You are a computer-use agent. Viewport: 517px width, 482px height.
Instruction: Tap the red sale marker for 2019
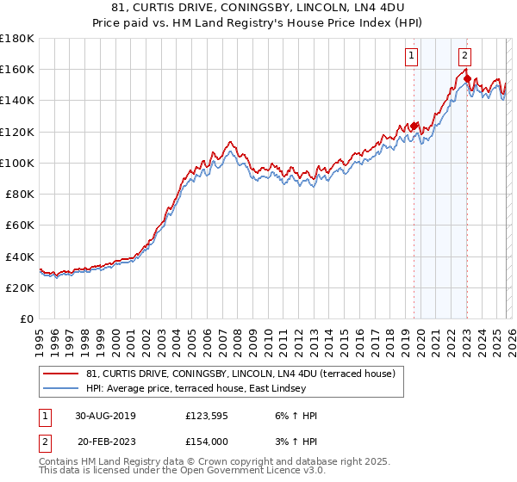414,127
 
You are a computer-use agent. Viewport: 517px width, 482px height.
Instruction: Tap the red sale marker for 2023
466,79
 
